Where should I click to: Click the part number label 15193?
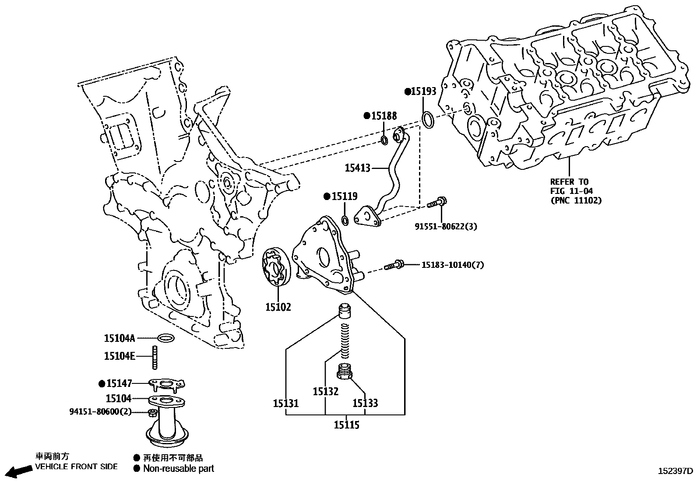tap(424, 91)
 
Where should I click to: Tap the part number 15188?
tap(384, 116)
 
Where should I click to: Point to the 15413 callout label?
tap(357, 168)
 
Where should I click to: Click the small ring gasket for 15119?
tap(345, 220)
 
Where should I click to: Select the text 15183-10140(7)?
tap(453, 265)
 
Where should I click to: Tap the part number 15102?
tap(278, 307)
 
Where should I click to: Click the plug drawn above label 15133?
tap(345, 372)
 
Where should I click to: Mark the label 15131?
tap(285, 403)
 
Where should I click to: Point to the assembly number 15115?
tap(346, 425)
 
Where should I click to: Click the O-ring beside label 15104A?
tap(165, 338)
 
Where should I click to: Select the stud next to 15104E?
tap(155, 357)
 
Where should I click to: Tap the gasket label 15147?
tap(119, 384)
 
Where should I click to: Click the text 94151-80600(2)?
tap(100, 412)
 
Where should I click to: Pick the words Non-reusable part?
tap(179, 469)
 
